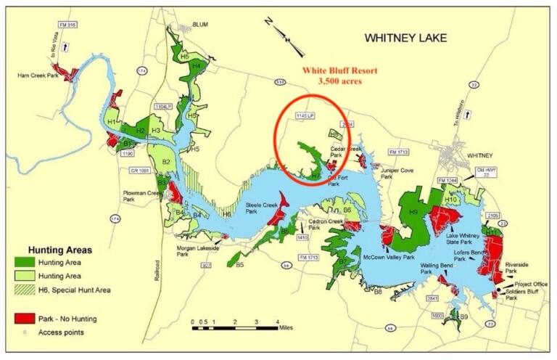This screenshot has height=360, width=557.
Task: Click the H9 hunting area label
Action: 413,211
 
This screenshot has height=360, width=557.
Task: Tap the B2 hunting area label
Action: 165,162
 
